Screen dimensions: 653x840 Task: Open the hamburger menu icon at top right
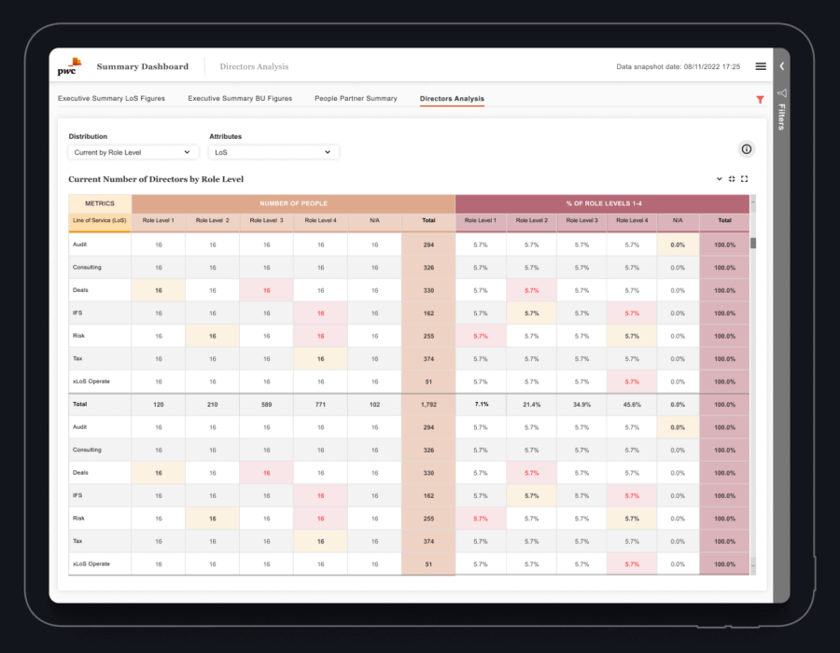coord(761,66)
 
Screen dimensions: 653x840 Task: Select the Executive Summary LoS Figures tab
coord(111,98)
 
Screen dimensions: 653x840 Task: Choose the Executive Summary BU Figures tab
coord(240,98)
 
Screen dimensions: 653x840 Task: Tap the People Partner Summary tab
coord(356,98)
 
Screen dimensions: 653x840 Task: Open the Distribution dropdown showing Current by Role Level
coord(132,152)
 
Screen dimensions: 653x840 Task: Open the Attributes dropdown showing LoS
coord(273,152)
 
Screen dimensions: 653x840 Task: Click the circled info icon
coord(746,149)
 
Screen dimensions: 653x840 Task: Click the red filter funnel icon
coord(760,99)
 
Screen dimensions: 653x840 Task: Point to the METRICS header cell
coord(100,203)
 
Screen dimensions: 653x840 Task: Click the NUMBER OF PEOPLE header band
coord(293,203)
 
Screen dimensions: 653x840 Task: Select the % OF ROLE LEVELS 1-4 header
coord(602,203)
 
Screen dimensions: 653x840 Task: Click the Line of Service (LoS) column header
coord(100,221)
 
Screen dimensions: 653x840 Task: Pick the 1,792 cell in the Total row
coord(428,405)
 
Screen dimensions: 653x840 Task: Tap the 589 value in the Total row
coord(266,405)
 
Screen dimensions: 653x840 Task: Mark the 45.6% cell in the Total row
coord(632,405)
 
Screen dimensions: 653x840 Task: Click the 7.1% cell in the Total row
coord(481,405)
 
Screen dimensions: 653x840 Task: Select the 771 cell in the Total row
coord(320,405)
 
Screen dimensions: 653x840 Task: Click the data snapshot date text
coord(678,67)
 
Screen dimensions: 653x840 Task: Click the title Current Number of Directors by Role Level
coord(156,179)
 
